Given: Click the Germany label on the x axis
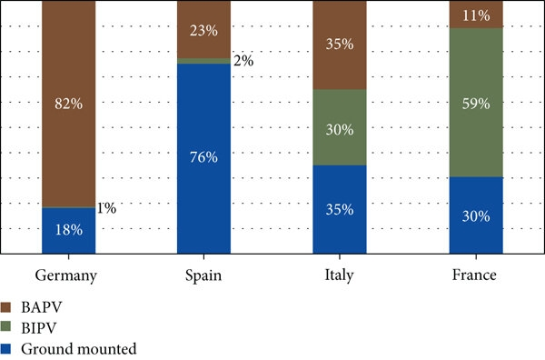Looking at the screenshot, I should point(69,275).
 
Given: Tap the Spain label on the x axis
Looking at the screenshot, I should point(204,275).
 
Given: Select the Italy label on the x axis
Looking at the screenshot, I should point(340,275).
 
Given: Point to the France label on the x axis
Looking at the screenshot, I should point(475,275).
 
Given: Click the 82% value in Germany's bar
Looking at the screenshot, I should point(69,104).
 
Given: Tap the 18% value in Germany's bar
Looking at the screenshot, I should point(69,230).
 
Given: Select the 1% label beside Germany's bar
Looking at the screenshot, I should point(106,208).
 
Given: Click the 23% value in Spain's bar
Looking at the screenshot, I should point(204,29).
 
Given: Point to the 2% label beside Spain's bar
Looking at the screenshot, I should point(243,62).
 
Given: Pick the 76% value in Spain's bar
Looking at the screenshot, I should point(204,157).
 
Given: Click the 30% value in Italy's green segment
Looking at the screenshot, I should point(340,128).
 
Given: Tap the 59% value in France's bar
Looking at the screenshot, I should point(475,102).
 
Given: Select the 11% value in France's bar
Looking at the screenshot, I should point(475,15).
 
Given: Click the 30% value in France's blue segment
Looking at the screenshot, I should point(475,216).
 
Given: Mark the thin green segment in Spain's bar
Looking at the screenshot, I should point(204,61).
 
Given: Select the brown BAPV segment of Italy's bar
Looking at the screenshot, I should point(340,64).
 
